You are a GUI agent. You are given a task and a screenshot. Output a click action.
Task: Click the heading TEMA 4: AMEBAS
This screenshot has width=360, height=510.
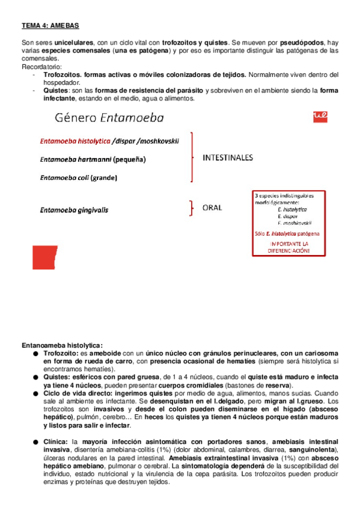click(50, 26)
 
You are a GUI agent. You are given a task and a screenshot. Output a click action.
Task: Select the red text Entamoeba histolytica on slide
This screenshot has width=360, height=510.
click(75, 142)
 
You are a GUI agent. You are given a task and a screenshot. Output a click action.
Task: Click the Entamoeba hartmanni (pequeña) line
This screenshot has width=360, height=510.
click(93, 159)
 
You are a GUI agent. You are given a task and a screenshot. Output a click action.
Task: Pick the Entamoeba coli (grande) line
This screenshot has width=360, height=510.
click(78, 177)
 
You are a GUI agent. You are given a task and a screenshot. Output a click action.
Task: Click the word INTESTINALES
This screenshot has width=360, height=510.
click(228, 158)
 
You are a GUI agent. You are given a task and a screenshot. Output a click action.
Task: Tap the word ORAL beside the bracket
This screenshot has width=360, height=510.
click(212, 208)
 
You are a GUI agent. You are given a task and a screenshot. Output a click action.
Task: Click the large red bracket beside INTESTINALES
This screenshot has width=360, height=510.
click(192, 158)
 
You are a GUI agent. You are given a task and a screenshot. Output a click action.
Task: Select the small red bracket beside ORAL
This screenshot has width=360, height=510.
click(192, 208)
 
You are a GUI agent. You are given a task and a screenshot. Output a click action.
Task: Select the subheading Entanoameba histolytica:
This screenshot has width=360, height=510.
click(62, 345)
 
